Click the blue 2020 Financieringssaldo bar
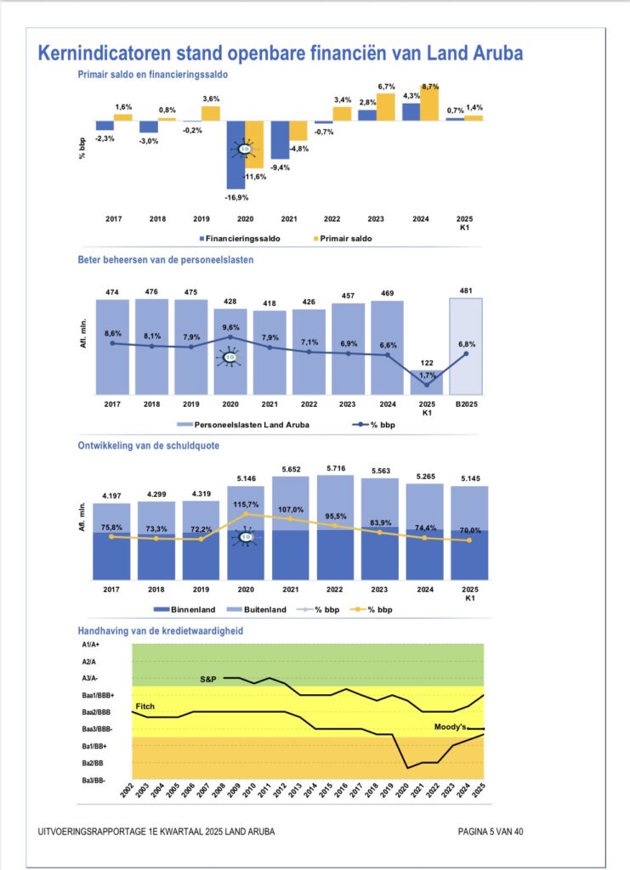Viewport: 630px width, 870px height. pyautogui.click(x=236, y=155)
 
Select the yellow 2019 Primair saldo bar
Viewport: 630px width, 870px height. pyautogui.click(x=210, y=113)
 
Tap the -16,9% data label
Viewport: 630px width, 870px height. pyautogui.click(x=237, y=197)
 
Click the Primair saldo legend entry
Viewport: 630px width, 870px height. pyautogui.click(x=343, y=239)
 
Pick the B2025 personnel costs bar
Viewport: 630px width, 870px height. pyautogui.click(x=466, y=347)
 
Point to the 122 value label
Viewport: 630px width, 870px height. pyautogui.click(x=427, y=363)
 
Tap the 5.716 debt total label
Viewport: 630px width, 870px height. pyautogui.click(x=337, y=468)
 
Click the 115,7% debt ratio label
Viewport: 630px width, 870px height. pyautogui.click(x=246, y=505)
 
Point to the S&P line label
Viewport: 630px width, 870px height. pyautogui.click(x=208, y=679)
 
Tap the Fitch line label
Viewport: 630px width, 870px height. pyautogui.click(x=145, y=706)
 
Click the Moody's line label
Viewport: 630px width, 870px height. pyautogui.click(x=450, y=727)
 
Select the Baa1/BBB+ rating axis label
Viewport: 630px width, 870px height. pyautogui.click(x=99, y=695)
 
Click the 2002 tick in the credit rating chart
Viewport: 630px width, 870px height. pyautogui.click(x=128, y=790)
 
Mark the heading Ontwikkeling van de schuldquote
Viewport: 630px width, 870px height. pyautogui.click(x=148, y=445)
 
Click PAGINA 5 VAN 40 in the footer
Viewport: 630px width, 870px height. pyautogui.click(x=490, y=832)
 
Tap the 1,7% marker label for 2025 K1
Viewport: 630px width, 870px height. pyautogui.click(x=427, y=376)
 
